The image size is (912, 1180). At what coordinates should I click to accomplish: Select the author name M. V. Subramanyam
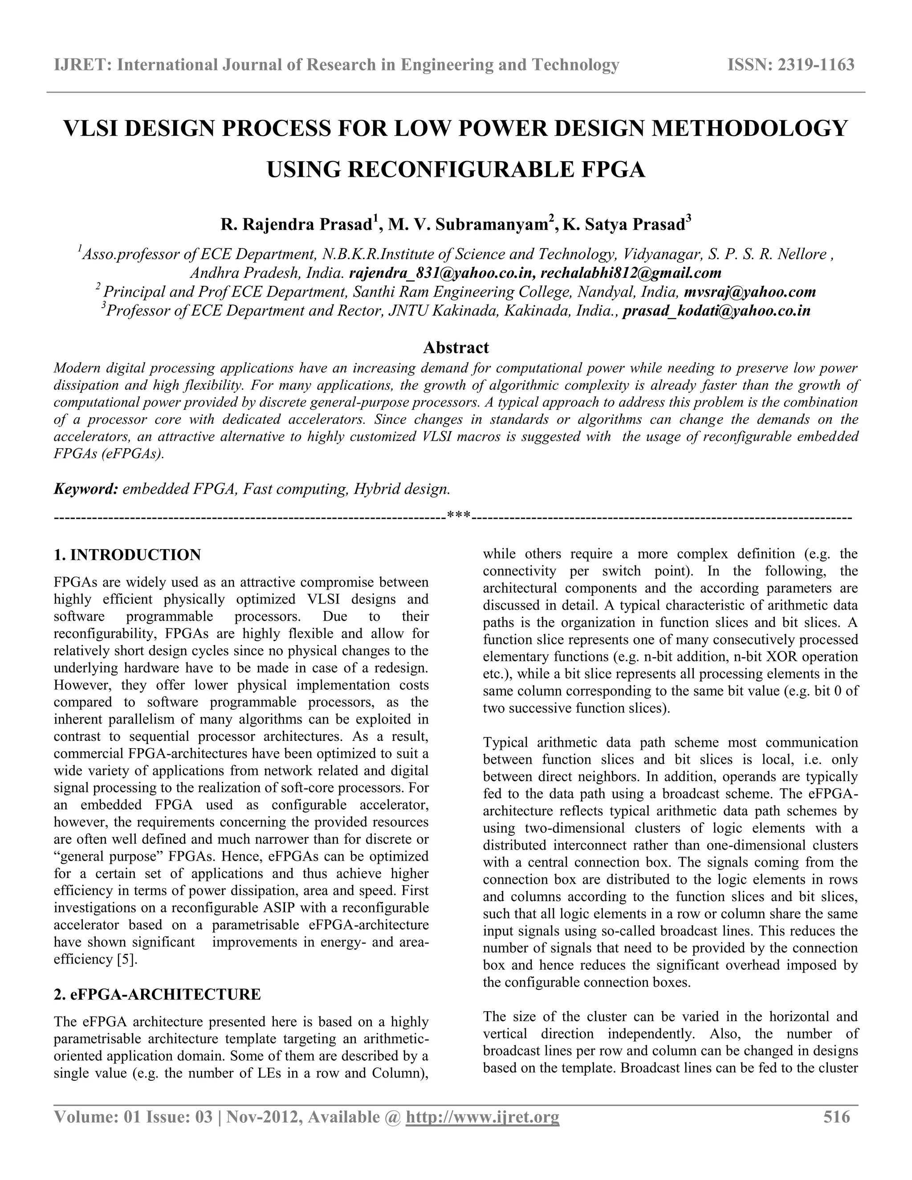467,225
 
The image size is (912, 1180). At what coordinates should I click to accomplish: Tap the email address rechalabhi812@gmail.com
631,273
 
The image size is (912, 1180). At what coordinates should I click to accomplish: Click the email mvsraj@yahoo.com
749,292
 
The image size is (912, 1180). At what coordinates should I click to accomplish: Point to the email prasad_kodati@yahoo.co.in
717,311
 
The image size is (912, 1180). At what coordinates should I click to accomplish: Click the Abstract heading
456,347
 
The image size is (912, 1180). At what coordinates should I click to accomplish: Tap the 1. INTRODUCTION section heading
127,555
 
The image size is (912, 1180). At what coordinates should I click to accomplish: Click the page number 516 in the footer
836,1117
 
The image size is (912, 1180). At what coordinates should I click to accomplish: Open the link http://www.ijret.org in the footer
482,1117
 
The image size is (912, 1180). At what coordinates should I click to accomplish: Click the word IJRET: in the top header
83,65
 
